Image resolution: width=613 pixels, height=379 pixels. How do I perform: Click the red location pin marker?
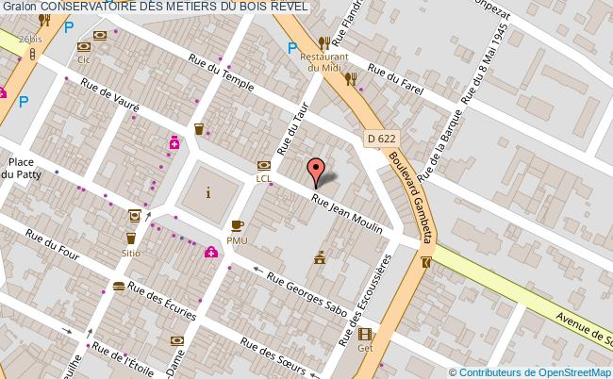click(317, 172)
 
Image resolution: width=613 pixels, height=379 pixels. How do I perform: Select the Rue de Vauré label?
click(110, 96)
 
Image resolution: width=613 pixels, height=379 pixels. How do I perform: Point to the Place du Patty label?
click(15, 167)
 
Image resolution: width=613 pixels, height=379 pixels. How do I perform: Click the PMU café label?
click(236, 239)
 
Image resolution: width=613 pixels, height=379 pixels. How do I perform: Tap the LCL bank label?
click(264, 177)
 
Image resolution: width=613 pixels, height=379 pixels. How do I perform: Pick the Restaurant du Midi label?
click(324, 61)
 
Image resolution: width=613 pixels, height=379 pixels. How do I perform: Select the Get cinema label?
click(364, 346)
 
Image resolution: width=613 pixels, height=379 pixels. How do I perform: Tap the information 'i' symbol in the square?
click(208, 193)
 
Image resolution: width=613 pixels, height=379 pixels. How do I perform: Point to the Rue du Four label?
click(53, 250)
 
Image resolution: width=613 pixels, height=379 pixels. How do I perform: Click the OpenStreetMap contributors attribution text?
click(532, 371)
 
